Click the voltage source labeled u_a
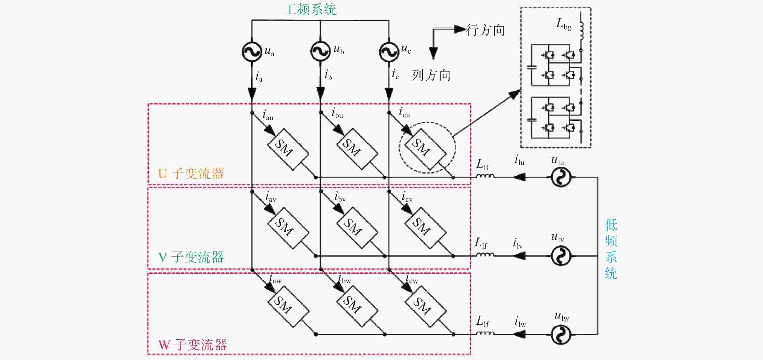(x=252, y=52)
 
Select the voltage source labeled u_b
(x=320, y=51)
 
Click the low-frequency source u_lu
(x=561, y=177)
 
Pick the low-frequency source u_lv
(x=561, y=256)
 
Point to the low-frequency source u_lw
(x=561, y=335)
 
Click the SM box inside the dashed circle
(x=425, y=149)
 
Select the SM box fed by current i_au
(x=288, y=149)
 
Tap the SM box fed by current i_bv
(x=357, y=228)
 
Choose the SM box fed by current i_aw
(x=288, y=306)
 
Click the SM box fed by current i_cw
(x=425, y=306)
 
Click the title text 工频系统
(x=310, y=9)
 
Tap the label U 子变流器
(x=191, y=173)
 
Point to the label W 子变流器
(x=193, y=344)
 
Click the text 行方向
(x=485, y=30)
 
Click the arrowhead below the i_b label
(x=320, y=93)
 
